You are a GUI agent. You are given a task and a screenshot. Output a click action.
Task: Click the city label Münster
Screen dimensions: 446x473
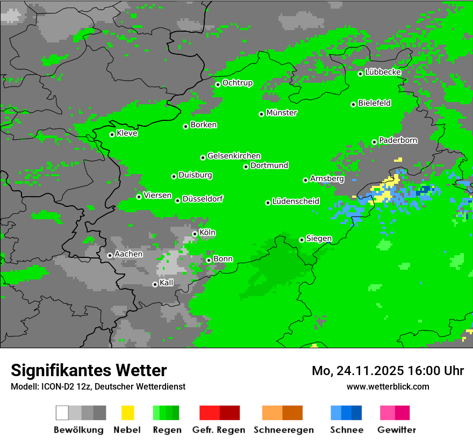[x=282, y=113]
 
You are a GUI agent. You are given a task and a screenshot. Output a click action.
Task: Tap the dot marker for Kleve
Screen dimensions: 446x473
[x=112, y=134]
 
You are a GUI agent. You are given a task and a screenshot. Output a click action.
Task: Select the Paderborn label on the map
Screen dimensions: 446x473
[x=398, y=140]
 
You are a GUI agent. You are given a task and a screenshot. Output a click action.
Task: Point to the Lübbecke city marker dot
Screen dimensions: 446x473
[x=361, y=74]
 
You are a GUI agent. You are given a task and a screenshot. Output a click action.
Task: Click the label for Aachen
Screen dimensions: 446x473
[x=128, y=254]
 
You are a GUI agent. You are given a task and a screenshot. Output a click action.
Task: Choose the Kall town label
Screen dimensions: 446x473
[x=167, y=283]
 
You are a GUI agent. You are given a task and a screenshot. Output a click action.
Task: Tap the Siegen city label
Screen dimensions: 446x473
[x=319, y=239]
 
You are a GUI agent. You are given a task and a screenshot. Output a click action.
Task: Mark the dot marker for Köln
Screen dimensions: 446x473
[x=195, y=234]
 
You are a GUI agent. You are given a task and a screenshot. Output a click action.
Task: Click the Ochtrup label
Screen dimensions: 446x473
[x=238, y=83]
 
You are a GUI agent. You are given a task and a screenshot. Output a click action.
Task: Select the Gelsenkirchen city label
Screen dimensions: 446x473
[x=234, y=156]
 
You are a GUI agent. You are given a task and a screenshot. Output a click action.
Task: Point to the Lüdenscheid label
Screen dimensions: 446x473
[x=296, y=202]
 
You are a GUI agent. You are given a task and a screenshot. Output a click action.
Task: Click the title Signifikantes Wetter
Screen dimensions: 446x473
[x=89, y=370]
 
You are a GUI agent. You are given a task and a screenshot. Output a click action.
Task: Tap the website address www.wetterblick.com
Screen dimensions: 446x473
[x=388, y=386]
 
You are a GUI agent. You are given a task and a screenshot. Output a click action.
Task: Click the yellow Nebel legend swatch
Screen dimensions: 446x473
[x=127, y=413]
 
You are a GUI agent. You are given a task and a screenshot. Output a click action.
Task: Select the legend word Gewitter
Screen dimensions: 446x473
[x=397, y=430]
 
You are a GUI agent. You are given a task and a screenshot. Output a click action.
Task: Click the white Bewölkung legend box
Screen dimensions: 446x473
[x=62, y=413]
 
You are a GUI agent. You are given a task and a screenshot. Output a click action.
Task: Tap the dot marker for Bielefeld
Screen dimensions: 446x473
[x=354, y=104]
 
